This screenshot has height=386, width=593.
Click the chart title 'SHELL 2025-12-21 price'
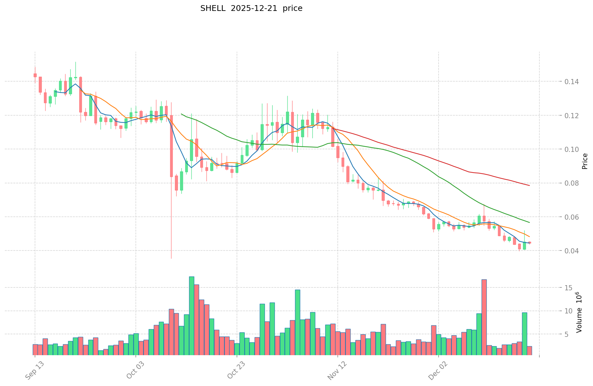click(251, 9)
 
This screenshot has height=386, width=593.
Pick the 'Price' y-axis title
click(585, 161)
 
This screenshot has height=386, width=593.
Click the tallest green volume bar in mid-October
click(191, 316)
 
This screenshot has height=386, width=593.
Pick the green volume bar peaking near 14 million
click(298, 322)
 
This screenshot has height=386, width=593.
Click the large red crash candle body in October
click(171, 146)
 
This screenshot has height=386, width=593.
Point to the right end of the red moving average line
click(529, 186)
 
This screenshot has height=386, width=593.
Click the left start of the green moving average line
click(181, 114)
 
